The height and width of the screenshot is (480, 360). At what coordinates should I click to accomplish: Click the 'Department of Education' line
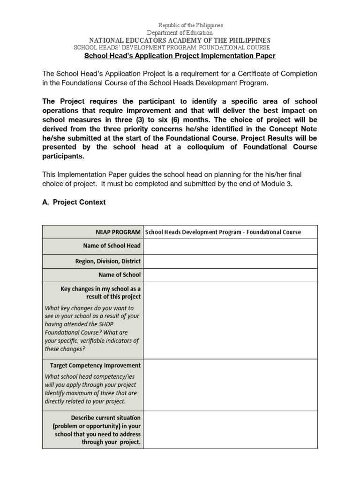(180, 33)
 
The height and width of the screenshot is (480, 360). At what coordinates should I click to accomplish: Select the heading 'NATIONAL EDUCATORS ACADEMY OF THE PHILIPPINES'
(180, 40)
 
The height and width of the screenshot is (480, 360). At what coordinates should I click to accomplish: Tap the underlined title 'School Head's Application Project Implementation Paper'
(180, 56)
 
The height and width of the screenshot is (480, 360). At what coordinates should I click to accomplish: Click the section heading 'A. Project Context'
(74, 202)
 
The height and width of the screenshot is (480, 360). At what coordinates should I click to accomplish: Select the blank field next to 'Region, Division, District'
(230, 261)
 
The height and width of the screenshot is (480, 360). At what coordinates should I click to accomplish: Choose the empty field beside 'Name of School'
(230, 275)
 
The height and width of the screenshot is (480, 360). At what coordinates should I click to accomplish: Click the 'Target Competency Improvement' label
(95, 365)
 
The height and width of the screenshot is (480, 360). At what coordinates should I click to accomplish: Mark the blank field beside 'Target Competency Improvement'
(230, 384)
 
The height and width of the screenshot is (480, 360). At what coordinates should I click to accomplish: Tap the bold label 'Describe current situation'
(105, 417)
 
